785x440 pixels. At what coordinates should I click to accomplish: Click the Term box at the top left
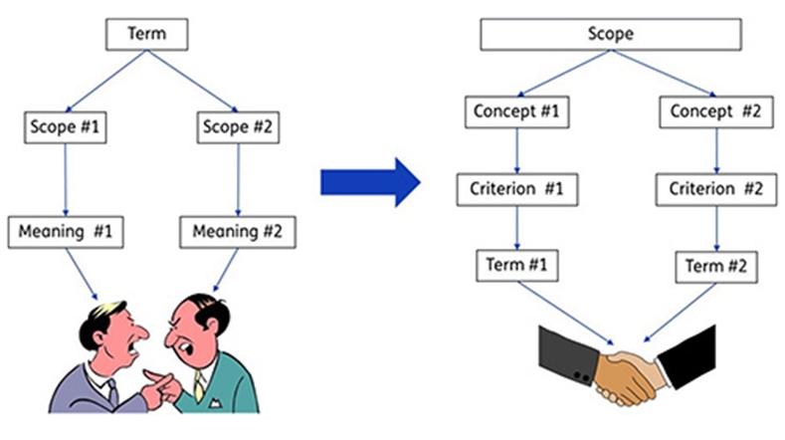click(146, 34)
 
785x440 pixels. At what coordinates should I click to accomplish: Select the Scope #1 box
click(65, 127)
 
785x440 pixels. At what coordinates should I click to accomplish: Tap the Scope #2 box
click(238, 127)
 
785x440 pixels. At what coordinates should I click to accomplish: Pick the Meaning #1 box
click(66, 232)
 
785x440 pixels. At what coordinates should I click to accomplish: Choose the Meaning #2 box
click(238, 232)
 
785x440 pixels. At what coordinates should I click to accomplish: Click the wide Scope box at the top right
click(611, 34)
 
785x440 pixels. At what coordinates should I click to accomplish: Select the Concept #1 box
click(516, 111)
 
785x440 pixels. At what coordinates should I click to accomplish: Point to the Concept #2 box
click(716, 111)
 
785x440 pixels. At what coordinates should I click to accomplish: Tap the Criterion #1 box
click(517, 189)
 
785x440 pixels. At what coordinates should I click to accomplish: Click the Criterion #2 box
click(716, 189)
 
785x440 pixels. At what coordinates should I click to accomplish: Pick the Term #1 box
click(517, 266)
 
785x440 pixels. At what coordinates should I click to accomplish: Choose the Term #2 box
click(716, 267)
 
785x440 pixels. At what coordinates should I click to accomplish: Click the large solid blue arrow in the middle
click(370, 182)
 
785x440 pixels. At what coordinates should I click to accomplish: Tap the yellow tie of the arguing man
click(199, 385)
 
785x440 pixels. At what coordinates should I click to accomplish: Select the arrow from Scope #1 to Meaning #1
click(65, 180)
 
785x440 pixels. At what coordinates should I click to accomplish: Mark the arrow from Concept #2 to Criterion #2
click(716, 151)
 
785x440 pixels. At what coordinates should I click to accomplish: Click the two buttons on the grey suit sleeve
click(581, 375)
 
